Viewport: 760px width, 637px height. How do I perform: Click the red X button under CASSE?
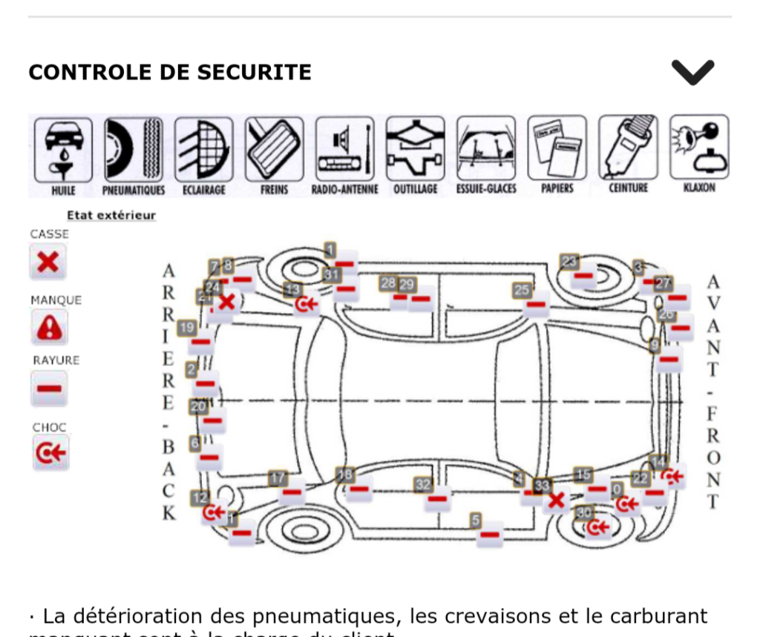click(48, 262)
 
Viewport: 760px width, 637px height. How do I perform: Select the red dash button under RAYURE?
click(49, 389)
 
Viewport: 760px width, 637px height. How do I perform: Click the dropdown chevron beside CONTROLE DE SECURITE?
click(692, 72)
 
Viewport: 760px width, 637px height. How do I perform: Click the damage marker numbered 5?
click(490, 533)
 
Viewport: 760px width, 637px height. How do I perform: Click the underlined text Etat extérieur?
click(111, 216)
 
